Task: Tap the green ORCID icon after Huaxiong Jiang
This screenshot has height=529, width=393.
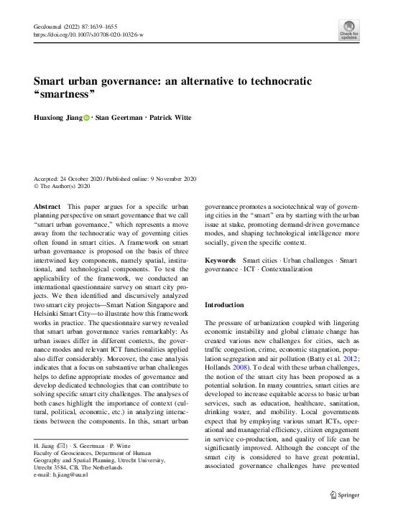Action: (x=87, y=118)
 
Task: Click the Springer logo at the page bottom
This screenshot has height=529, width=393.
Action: (x=343, y=514)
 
